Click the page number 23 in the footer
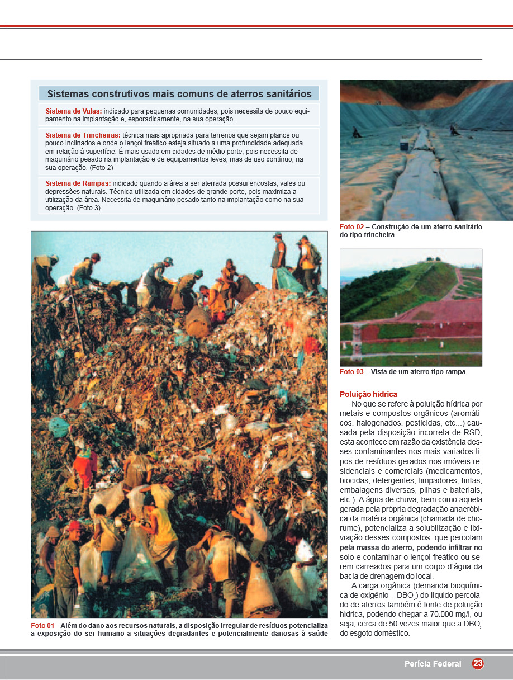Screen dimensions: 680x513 pyautogui.click(x=478, y=664)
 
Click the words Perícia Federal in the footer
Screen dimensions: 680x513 pyautogui.click(x=433, y=664)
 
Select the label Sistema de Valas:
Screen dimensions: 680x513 pyautogui.click(x=74, y=111)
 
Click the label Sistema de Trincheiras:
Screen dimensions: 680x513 pyautogui.click(x=83, y=135)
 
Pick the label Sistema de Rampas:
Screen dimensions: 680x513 pyautogui.click(x=78, y=183)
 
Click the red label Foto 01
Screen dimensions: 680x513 pyautogui.click(x=42, y=625)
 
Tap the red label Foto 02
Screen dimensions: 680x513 pyautogui.click(x=351, y=227)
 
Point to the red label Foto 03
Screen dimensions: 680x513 pyautogui.click(x=351, y=372)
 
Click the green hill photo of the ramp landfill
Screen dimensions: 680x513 pyautogui.click(x=411, y=308)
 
